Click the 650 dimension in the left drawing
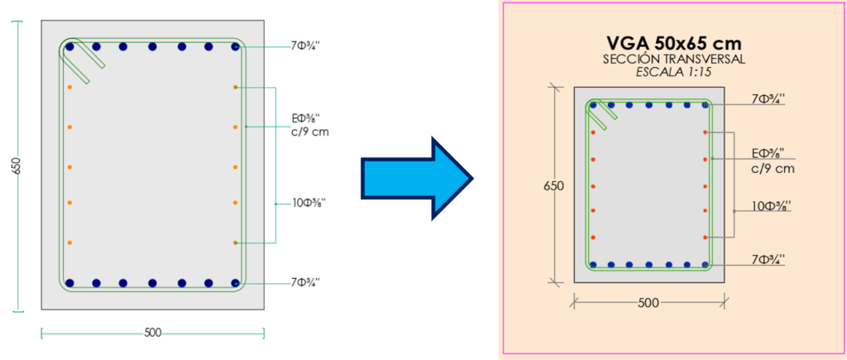pyautogui.click(x=17, y=166)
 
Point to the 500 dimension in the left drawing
pyautogui.click(x=153, y=333)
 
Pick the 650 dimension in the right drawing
pyautogui.click(x=554, y=186)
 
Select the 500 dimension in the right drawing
pyautogui.click(x=648, y=303)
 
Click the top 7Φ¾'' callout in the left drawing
pyautogui.click(x=305, y=46)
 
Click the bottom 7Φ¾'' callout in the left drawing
pyautogui.click(x=305, y=283)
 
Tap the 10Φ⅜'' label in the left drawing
pyautogui.click(x=310, y=202)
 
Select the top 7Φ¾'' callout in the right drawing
pyautogui.click(x=768, y=100)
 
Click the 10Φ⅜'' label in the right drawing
pyautogui.click(x=771, y=205)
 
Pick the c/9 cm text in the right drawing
pyautogui.click(x=772, y=169)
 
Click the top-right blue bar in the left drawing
pyautogui.click(x=236, y=47)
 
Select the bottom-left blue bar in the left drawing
pyautogui.click(x=69, y=282)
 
